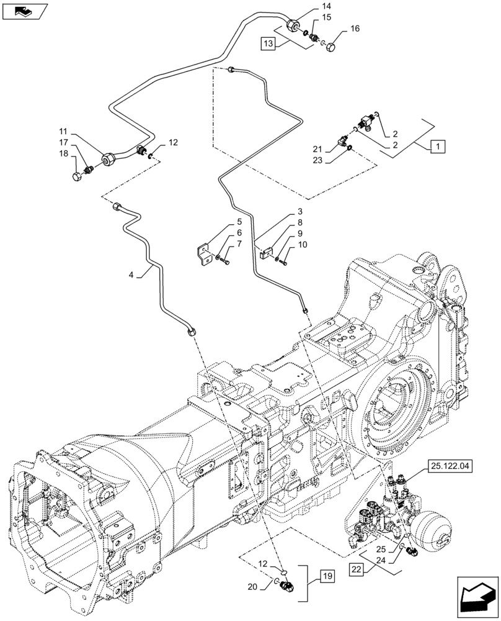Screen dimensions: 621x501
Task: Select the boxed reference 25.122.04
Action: click(448, 465)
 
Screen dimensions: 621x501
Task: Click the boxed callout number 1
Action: click(437, 147)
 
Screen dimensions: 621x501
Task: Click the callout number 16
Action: click(355, 29)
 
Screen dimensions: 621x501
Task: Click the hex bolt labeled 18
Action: click(78, 179)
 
